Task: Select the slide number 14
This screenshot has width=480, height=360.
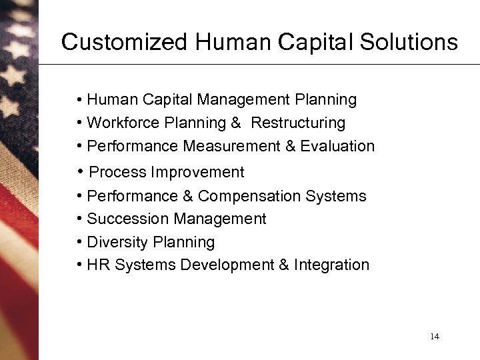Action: [435, 336]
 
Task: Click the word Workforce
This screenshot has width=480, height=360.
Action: [122, 123]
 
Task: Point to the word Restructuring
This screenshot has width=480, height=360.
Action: [298, 123]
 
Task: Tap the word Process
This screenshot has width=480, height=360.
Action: [117, 172]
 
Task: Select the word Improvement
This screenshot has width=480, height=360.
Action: [197, 172]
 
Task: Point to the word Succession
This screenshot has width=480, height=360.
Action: [128, 219]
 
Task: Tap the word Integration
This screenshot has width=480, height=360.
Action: [331, 265]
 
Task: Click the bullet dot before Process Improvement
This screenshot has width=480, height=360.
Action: [79, 171]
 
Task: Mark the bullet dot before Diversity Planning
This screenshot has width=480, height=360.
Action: [79, 242]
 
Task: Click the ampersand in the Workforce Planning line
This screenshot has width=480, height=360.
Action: [237, 123]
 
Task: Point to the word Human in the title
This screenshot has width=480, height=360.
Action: [227, 42]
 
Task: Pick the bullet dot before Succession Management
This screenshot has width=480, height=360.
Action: [79, 219]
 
